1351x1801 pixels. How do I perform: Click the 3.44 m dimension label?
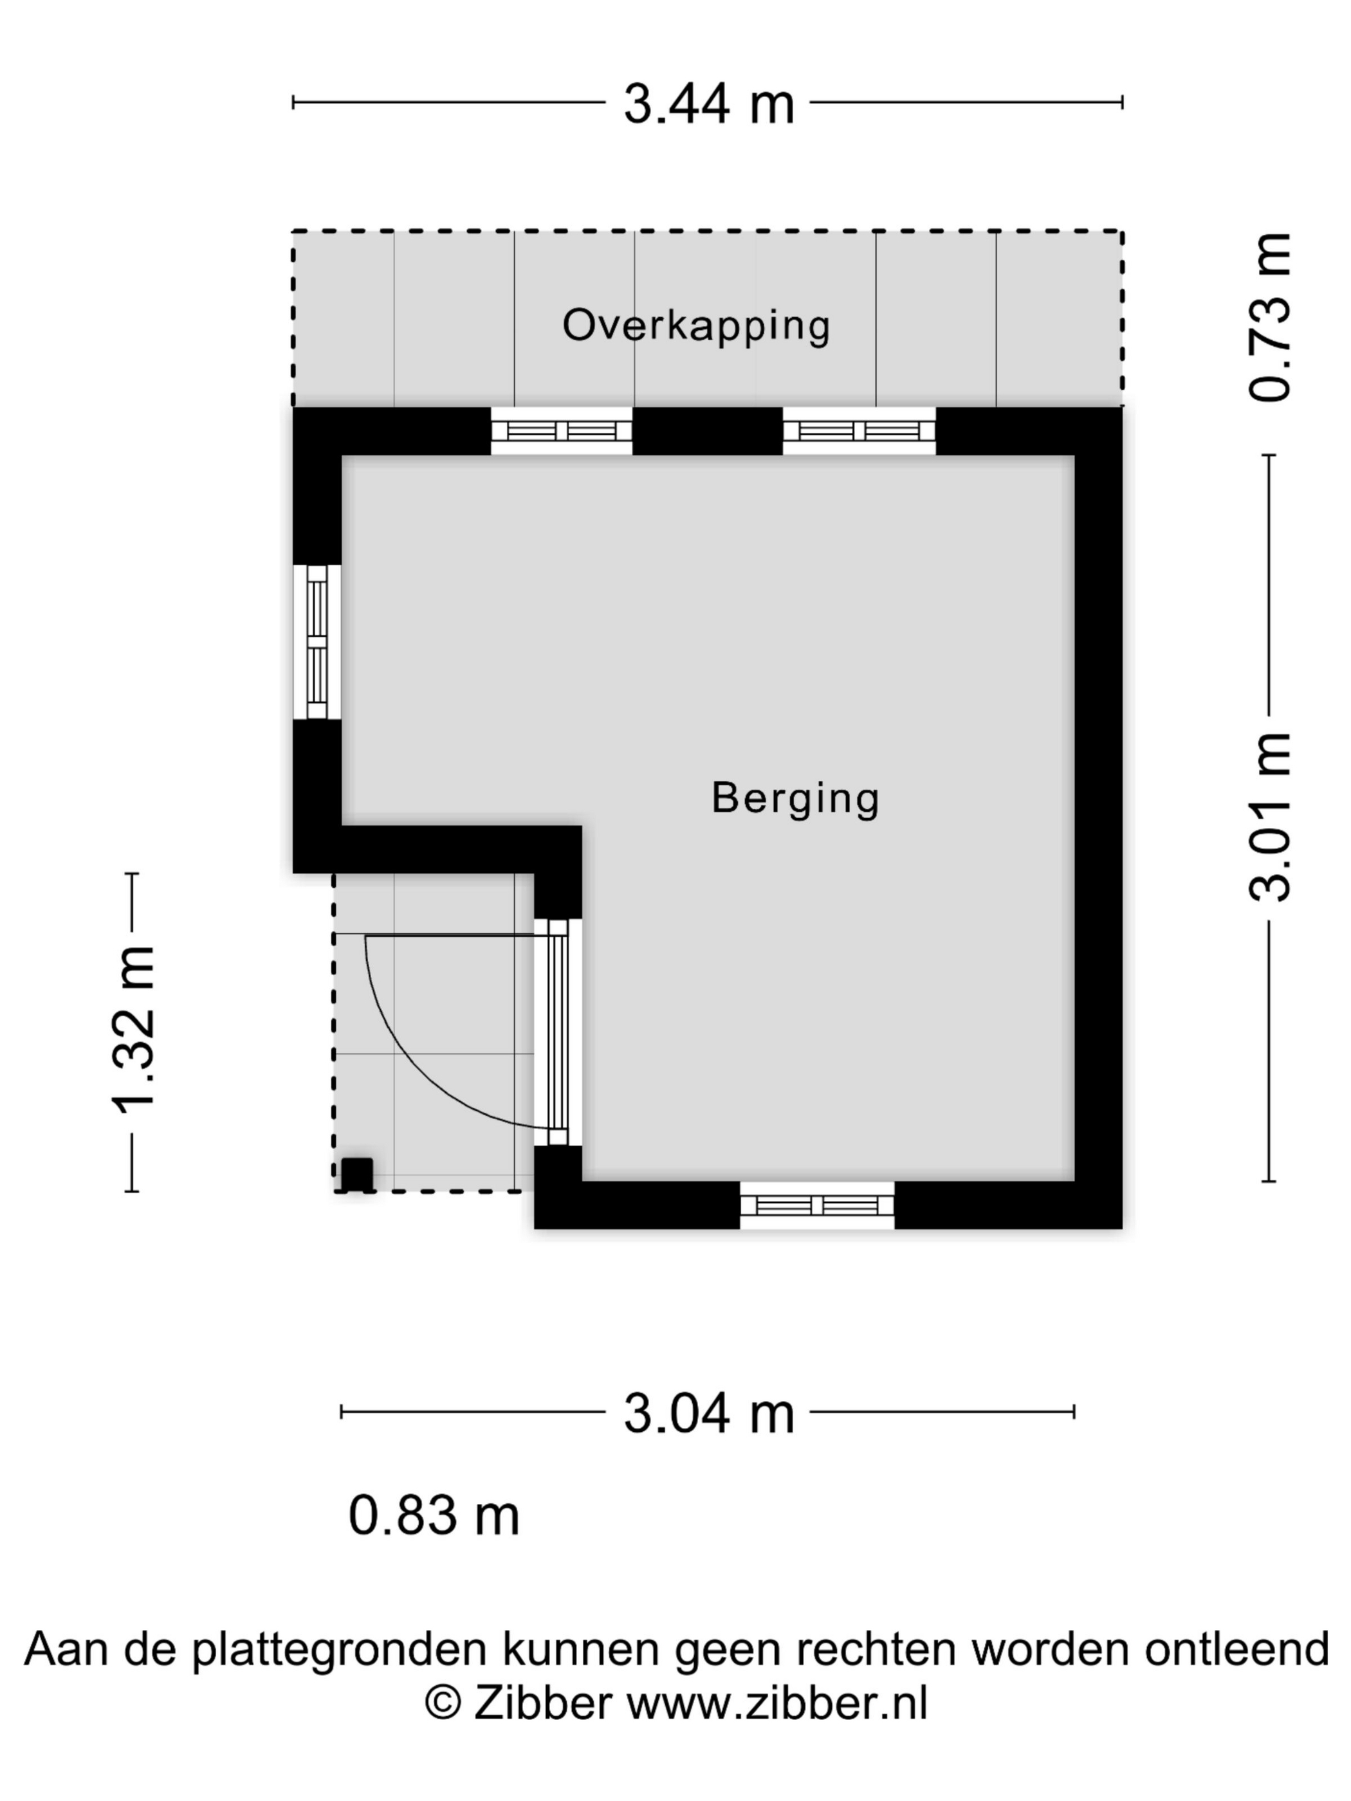point(708,104)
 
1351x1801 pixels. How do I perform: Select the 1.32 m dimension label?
point(133,1030)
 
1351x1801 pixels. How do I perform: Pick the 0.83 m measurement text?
point(433,1515)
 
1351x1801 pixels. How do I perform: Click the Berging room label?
point(795,798)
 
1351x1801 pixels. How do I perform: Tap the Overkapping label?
point(696,325)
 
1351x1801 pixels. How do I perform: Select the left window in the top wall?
point(561,431)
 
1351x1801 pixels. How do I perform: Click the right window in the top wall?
point(858,431)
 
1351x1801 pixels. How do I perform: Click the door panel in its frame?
point(558,1032)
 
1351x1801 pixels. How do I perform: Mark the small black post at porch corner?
point(356,1174)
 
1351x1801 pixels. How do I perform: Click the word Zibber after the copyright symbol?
point(542,1703)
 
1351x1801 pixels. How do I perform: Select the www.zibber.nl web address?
point(776,1703)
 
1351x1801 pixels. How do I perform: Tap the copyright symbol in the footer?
point(443,1703)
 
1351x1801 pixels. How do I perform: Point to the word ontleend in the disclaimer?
point(1236,1648)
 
